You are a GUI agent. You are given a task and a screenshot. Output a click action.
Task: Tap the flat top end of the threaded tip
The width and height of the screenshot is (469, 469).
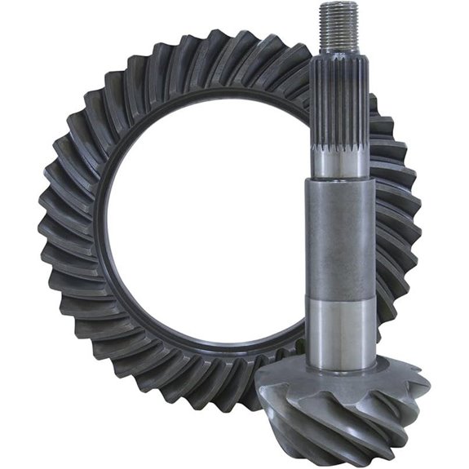click(x=339, y=5)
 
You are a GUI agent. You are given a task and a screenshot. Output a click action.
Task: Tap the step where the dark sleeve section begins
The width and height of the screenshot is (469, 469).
click(x=339, y=181)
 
